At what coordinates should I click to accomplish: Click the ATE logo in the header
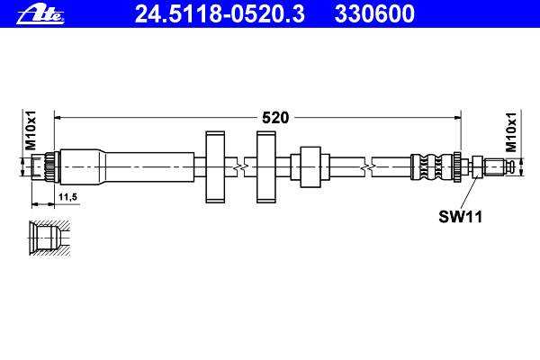40,15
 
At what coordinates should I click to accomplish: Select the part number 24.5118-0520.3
220,13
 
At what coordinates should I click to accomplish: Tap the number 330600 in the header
374,13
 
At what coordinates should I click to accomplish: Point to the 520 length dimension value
275,118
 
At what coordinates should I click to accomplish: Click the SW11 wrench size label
460,217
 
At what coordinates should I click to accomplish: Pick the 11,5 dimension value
67,197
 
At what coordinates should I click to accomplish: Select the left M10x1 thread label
31,130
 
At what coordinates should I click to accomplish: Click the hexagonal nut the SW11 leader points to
477,167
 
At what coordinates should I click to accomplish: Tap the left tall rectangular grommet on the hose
215,167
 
